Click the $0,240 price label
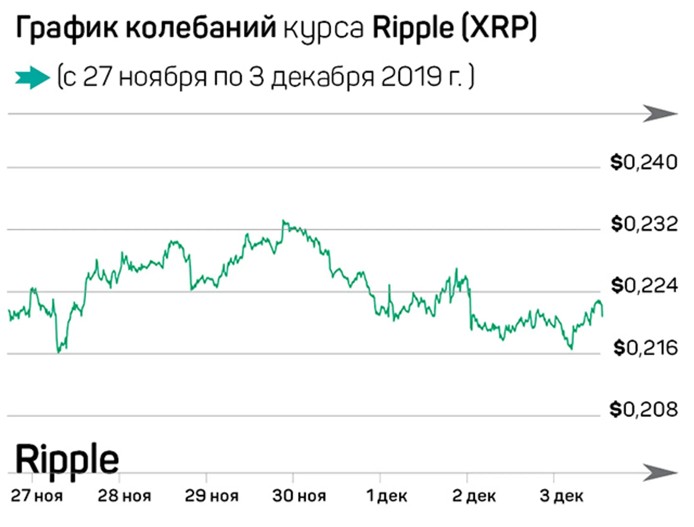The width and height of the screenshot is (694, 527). coord(644,162)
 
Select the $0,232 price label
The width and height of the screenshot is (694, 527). coord(644,224)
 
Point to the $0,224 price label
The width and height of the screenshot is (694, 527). coord(644,286)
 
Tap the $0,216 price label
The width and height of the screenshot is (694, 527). coord(645,348)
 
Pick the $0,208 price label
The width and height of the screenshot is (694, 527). coord(644,410)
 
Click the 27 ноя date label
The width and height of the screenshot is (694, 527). coord(37,496)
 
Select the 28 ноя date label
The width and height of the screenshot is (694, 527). coord(124,496)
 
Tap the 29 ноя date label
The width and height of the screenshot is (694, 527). coord(211,496)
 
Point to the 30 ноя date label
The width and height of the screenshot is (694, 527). coord(299,496)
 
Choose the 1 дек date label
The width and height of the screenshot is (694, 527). coord(387,496)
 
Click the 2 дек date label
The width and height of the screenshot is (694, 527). coord(474,496)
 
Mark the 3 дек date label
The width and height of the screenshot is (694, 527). coord(561,496)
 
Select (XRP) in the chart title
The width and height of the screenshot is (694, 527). coord(499,28)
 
